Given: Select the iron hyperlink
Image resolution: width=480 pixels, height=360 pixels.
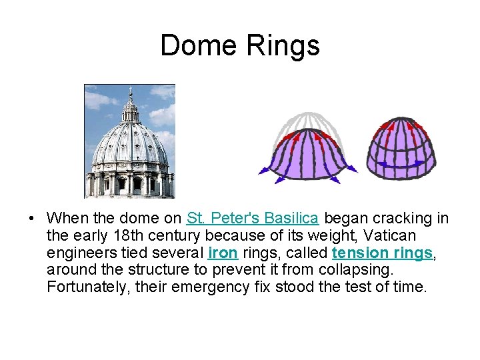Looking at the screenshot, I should (x=223, y=253).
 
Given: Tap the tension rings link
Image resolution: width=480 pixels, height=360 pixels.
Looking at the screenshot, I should (x=382, y=253).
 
